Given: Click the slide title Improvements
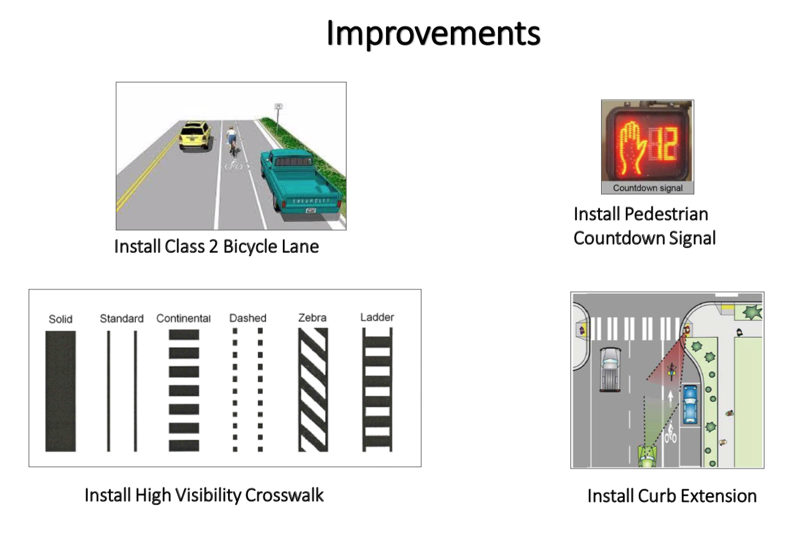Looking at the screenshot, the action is click(433, 34).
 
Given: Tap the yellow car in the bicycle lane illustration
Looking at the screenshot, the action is click(195, 135).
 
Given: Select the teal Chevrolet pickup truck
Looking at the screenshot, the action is click(301, 183).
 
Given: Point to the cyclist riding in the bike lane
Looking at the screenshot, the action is click(231, 141).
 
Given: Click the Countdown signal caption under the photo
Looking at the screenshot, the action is click(647, 188).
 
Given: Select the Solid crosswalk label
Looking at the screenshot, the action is click(61, 319).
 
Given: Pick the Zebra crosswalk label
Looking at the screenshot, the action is click(312, 318).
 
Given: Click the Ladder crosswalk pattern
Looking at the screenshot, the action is click(377, 390).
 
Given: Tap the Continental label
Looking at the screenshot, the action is click(183, 318).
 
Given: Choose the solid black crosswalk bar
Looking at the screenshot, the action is click(61, 391).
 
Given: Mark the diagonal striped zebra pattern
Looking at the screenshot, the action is click(313, 390).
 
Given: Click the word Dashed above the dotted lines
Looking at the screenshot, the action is click(248, 318).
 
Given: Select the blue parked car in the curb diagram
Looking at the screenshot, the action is click(690, 404).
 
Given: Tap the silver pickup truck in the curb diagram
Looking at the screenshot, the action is click(610, 370).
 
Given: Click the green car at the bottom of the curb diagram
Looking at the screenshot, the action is click(647, 457).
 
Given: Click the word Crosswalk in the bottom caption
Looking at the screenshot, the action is click(284, 495).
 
